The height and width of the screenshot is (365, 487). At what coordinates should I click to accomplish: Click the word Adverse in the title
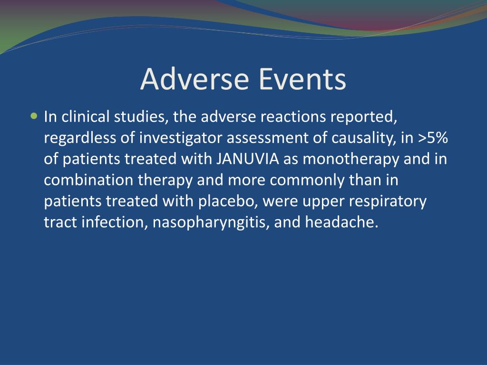click(195, 79)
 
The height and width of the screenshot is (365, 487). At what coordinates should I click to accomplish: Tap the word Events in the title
click(302, 79)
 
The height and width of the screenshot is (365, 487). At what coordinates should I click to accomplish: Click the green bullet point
click(34, 116)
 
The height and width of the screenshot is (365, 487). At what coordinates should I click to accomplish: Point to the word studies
click(141, 117)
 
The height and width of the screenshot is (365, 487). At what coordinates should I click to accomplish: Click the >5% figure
click(433, 138)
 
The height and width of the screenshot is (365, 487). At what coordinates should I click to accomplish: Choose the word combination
click(88, 180)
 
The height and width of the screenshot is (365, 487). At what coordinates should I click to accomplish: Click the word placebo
click(228, 202)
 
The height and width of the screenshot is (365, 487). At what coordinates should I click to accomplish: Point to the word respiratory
click(388, 202)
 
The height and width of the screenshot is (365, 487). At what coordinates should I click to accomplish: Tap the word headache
click(341, 222)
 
